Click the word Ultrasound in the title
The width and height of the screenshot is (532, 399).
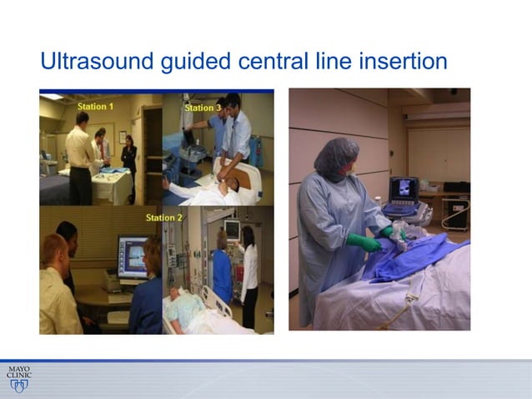(x=89, y=62)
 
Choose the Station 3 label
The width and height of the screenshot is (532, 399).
(x=203, y=108)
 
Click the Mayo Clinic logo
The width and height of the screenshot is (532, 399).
(x=18, y=377)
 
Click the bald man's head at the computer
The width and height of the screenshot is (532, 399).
(x=52, y=250)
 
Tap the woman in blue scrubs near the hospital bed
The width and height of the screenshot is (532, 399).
(x=223, y=267)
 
